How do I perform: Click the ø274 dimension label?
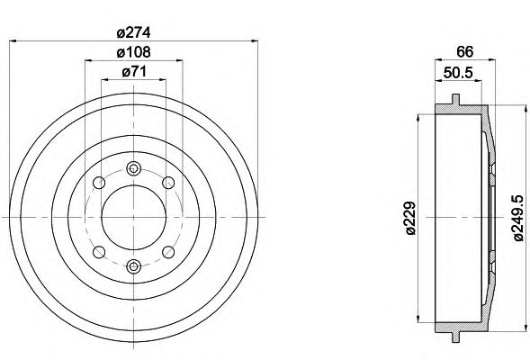(x=133, y=32)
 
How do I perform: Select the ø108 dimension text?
(x=133, y=52)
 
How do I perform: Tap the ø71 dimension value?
(x=134, y=72)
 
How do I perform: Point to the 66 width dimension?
(x=465, y=51)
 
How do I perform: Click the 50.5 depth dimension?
(x=458, y=73)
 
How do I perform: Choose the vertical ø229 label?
(x=410, y=218)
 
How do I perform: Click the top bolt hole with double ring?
(x=134, y=168)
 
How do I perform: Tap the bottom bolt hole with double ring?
(x=134, y=266)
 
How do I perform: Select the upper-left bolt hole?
(x=99, y=183)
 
